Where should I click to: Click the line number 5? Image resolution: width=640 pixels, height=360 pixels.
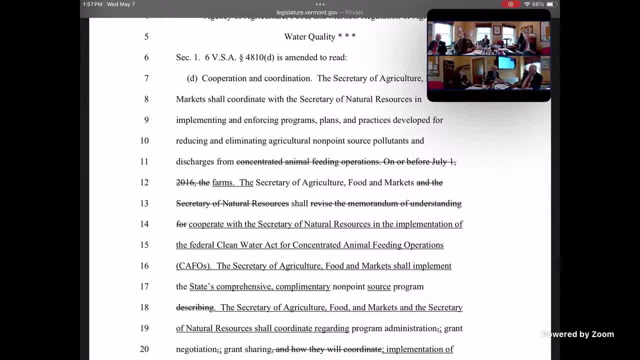click(146, 36)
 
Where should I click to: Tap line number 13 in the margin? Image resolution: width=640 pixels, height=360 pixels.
click(144, 203)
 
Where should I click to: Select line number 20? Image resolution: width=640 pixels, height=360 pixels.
click(144, 349)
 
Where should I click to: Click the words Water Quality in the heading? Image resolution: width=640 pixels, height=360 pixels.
click(309, 36)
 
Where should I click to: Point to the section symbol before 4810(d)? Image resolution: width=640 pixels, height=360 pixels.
click(241, 57)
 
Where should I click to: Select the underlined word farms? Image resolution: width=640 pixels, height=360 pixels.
click(223, 182)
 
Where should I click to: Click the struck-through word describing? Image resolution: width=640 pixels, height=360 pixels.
click(195, 307)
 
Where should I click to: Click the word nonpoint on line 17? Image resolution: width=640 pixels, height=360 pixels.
click(348, 286)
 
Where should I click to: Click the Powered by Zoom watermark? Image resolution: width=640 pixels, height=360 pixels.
click(578, 334)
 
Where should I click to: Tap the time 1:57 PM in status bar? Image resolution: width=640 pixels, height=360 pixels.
click(92, 4)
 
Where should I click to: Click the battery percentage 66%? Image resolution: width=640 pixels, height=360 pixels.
click(538, 4)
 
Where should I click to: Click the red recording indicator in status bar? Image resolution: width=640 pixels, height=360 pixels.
click(510, 4)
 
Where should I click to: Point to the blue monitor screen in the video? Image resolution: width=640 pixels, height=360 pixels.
click(506, 63)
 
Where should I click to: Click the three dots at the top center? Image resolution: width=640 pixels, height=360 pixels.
click(320, 4)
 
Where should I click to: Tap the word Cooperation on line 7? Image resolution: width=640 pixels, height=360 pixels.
click(224, 78)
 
